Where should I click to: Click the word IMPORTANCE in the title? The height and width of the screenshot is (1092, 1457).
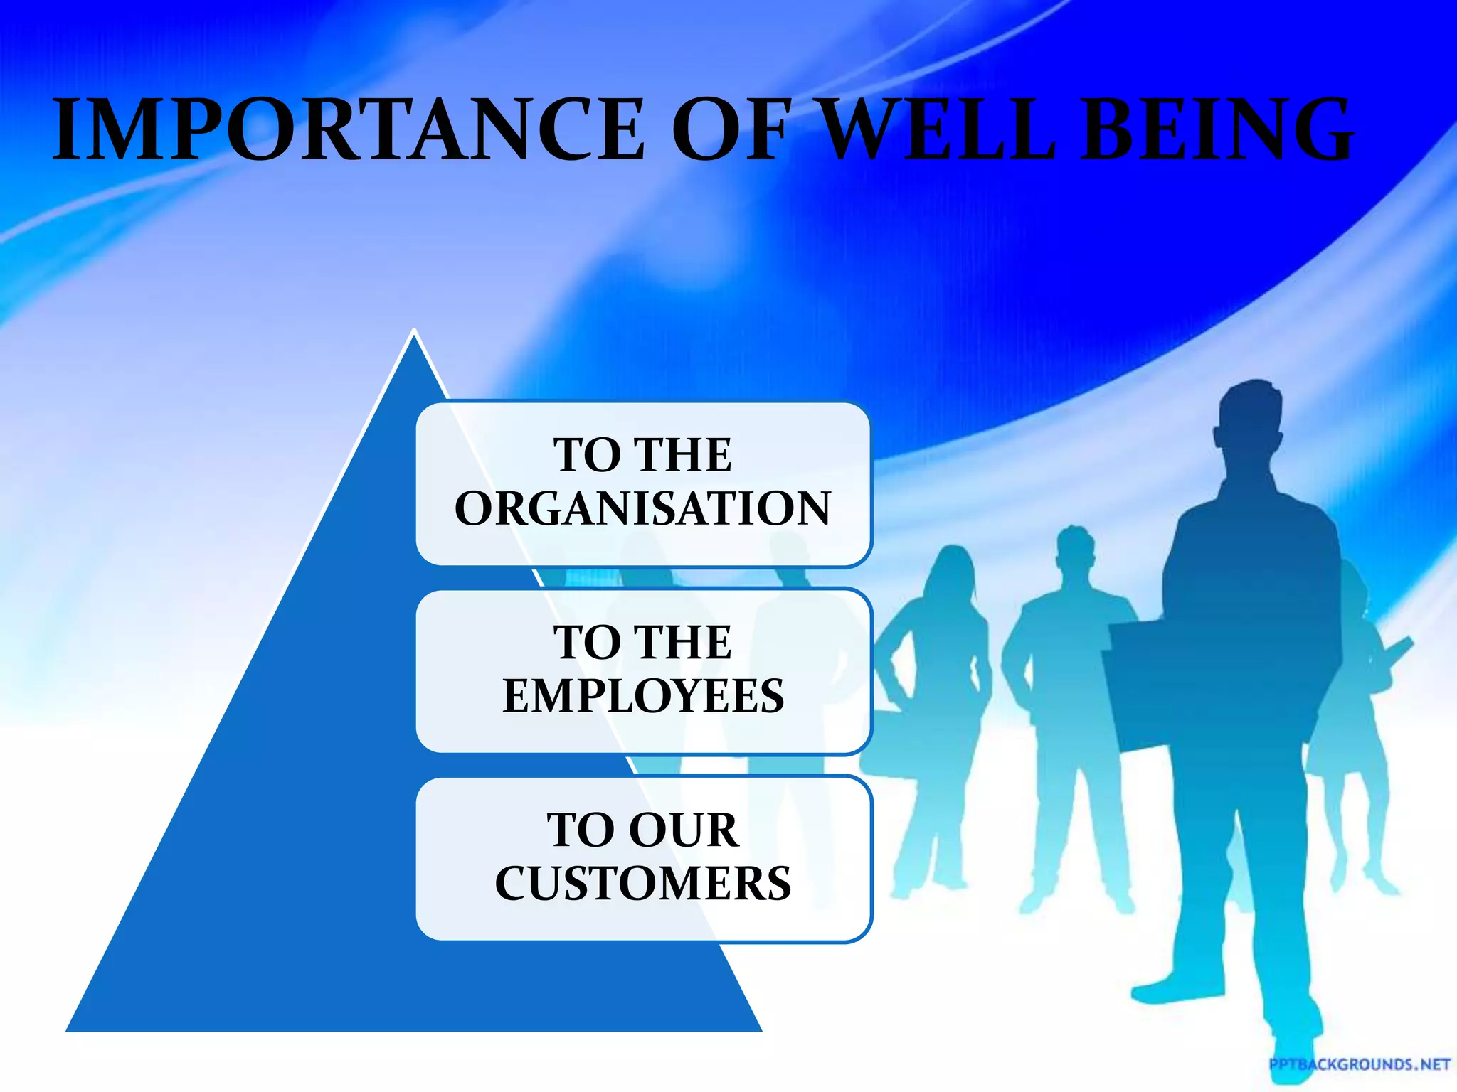coord(349,130)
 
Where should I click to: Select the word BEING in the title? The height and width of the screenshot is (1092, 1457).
coord(1217,130)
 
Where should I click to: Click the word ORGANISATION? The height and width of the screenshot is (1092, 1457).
coord(643,508)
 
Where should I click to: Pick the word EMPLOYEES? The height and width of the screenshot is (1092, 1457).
coord(643,696)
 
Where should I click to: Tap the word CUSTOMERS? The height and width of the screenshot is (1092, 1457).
coord(643,884)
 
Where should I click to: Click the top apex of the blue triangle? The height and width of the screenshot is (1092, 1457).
coord(414,331)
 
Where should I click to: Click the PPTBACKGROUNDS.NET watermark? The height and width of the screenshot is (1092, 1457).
coord(1360,1064)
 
